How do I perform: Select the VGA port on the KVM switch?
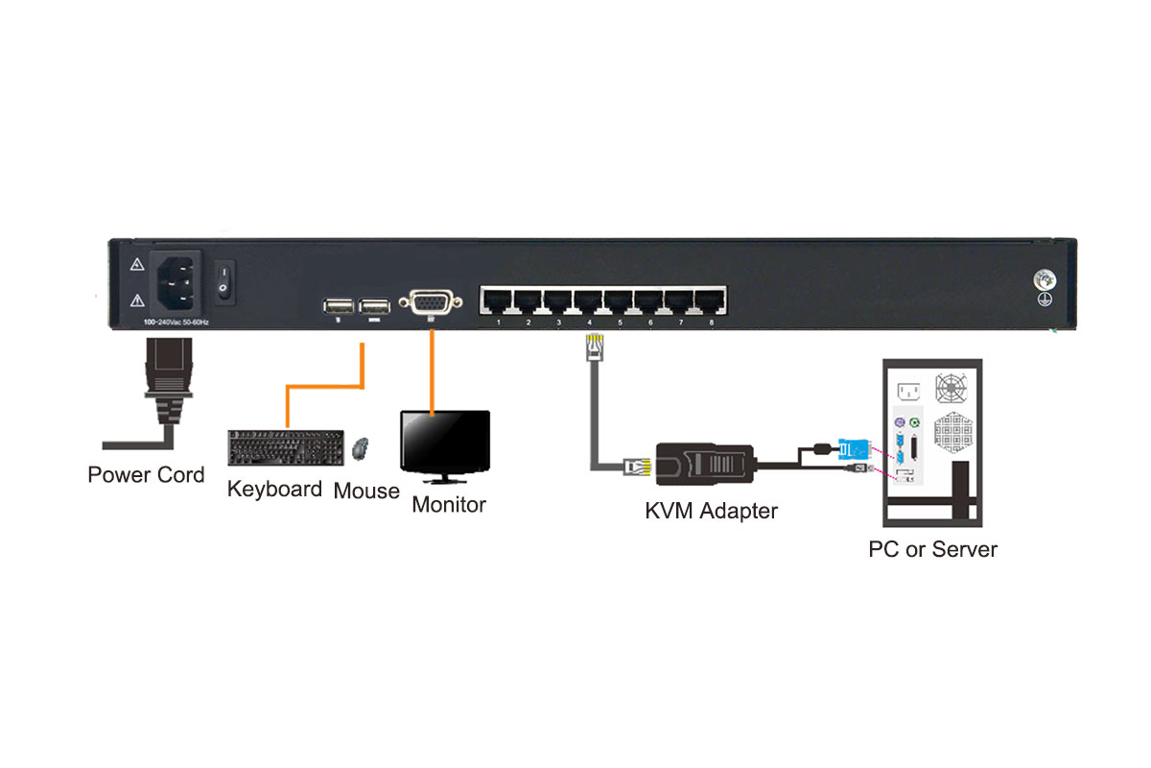(x=433, y=303)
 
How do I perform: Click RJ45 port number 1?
(x=498, y=300)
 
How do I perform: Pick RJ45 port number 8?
(x=711, y=300)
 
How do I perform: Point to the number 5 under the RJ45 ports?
(x=620, y=324)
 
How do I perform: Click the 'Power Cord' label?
(x=146, y=474)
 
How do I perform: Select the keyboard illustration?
(x=288, y=448)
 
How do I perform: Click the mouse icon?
(x=361, y=448)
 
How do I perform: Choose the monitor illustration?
(x=444, y=446)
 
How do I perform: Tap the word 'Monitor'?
(x=449, y=504)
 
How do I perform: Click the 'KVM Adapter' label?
(x=711, y=511)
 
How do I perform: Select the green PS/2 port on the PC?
(x=916, y=422)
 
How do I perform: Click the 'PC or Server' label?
(x=932, y=550)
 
